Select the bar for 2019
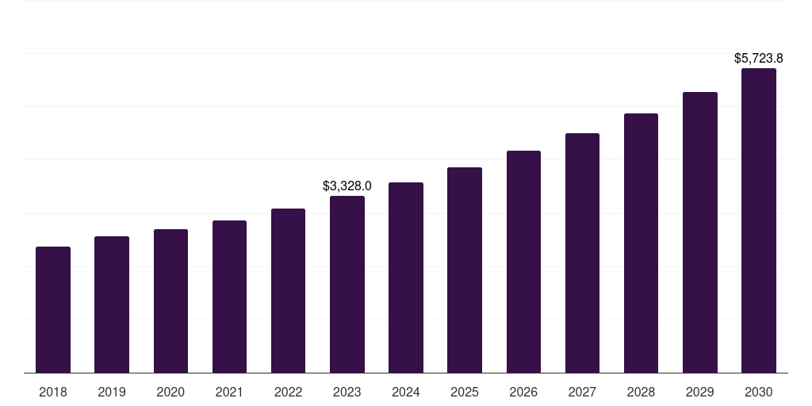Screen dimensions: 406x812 point(112,304)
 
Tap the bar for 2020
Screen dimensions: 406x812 point(170,301)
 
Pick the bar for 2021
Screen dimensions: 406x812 point(229,297)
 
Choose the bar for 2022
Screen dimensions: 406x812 point(288,290)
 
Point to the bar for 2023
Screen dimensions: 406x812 point(347,284)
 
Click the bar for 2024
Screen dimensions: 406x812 point(406,278)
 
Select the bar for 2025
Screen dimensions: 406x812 point(465,270)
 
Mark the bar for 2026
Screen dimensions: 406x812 point(523,262)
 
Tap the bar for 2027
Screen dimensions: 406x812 point(582,253)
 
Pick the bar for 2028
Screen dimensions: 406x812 point(641,243)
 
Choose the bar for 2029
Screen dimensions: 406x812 point(699,232)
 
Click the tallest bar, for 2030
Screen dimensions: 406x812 point(759,220)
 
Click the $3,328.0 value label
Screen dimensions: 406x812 point(347,186)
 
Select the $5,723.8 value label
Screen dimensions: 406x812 point(759,59)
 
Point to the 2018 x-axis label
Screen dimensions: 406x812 point(53,393)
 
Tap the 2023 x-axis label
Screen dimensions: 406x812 point(347,393)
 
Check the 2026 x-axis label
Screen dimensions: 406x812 point(523,393)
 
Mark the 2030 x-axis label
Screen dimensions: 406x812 point(759,393)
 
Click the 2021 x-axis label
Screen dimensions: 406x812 point(229,393)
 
